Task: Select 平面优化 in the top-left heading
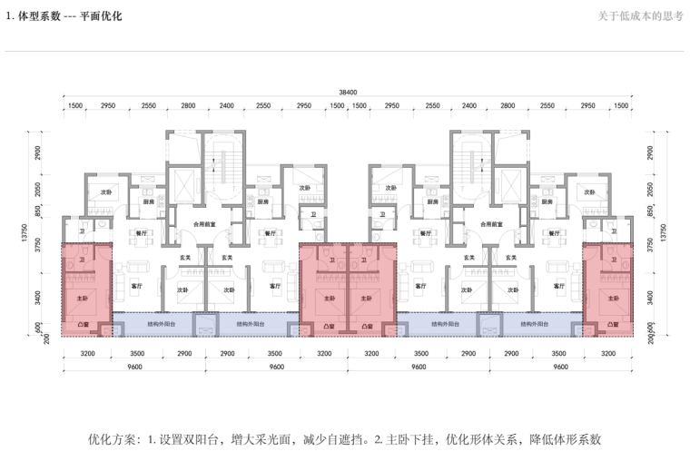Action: click(101, 16)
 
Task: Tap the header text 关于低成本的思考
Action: click(640, 16)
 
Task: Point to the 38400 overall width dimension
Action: click(348, 92)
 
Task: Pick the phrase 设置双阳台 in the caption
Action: click(193, 438)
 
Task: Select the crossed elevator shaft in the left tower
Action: click(181, 181)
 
